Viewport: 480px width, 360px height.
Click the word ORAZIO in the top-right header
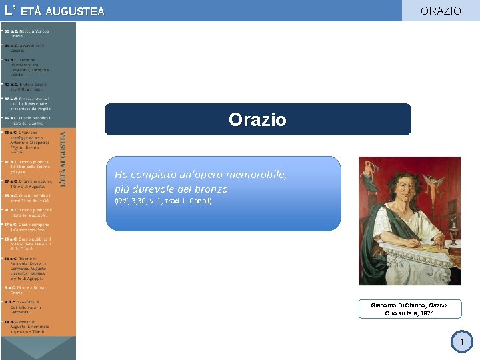tap(441, 11)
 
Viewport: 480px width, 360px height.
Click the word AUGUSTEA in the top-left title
tap(77, 11)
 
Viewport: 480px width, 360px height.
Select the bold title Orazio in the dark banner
tap(257, 119)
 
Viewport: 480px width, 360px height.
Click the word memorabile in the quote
tap(259, 175)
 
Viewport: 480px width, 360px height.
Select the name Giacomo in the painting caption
tap(385, 305)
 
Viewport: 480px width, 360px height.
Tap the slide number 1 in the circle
tap(461, 343)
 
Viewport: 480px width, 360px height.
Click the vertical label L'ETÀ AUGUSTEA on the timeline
tap(64, 158)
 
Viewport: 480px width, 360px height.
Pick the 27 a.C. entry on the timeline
tap(31, 183)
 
